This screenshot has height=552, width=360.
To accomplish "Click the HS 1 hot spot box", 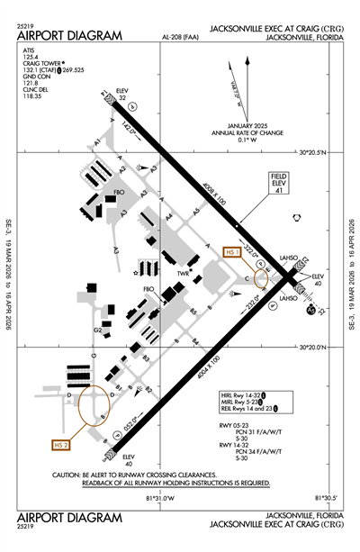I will pyautogui.click(x=233, y=253).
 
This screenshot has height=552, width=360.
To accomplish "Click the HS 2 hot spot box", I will pyautogui.click(x=61, y=445).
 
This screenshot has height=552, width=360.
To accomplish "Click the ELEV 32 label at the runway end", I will pyautogui.click(x=123, y=95).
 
